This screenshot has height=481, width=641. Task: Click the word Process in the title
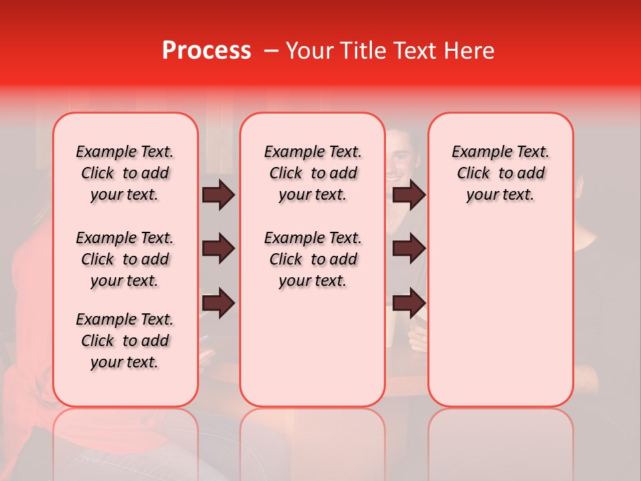(206, 51)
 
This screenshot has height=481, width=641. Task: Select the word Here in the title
(469, 51)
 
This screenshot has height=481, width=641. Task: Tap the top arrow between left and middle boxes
(218, 195)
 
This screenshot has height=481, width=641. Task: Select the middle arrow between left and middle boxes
(218, 249)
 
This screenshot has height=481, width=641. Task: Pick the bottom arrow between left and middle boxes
(218, 303)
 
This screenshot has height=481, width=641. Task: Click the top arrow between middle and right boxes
(409, 195)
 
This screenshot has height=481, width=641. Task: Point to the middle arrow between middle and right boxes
(409, 249)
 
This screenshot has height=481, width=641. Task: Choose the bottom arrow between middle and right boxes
(409, 303)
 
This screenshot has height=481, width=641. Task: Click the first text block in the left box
(125, 174)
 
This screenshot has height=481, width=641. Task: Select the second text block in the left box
(125, 259)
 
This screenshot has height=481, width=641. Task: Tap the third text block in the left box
(125, 341)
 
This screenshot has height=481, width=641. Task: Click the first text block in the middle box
(312, 174)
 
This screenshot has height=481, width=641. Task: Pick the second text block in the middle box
(312, 259)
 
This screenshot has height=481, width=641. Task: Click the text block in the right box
(500, 174)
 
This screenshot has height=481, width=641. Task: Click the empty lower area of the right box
(500, 321)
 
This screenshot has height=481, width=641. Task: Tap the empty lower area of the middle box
(312, 347)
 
